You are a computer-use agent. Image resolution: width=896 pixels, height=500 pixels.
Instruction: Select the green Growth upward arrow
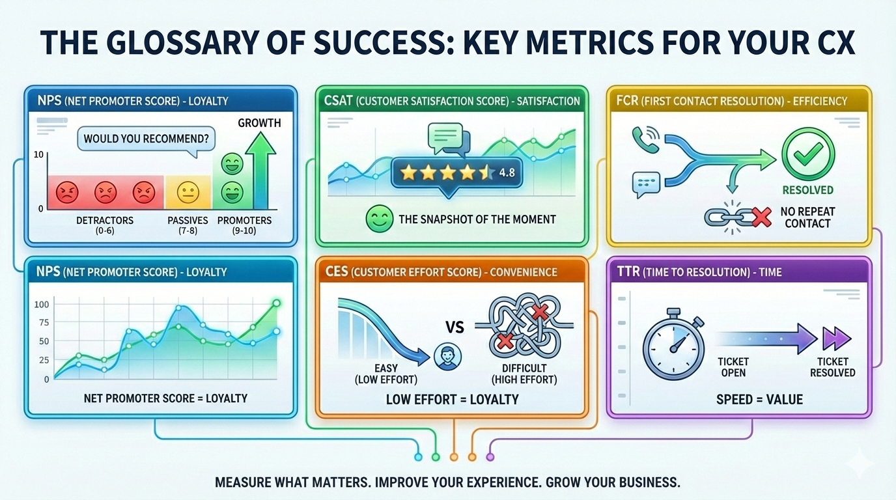click(x=263, y=169)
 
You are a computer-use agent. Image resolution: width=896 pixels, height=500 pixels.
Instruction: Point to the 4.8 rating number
click(x=506, y=173)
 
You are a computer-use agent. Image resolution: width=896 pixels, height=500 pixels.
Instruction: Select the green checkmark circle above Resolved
click(x=807, y=153)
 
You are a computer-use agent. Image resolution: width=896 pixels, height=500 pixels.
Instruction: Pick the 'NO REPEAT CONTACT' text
click(x=807, y=217)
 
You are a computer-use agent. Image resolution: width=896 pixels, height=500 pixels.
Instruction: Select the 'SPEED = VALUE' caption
click(x=759, y=399)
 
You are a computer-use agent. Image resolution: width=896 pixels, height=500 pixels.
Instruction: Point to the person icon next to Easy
click(x=447, y=356)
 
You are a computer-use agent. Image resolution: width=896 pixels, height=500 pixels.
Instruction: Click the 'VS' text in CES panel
click(x=455, y=326)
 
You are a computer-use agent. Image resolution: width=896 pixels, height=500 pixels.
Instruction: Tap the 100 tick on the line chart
click(x=42, y=305)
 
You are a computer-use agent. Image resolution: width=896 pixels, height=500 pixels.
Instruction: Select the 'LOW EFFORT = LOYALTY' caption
click(x=452, y=399)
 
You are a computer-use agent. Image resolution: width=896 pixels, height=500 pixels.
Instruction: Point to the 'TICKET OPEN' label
click(x=733, y=367)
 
